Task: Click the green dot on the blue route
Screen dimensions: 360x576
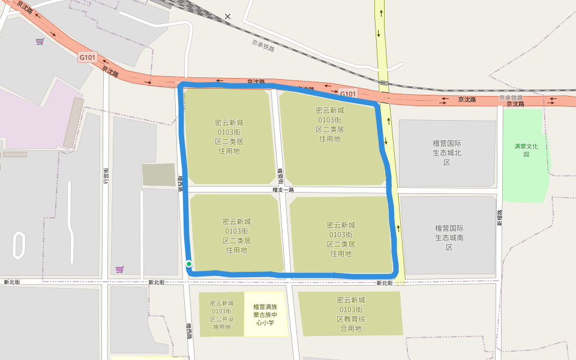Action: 189,264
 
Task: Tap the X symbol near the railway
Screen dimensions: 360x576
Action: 227,16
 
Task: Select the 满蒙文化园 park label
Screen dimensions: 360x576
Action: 526,150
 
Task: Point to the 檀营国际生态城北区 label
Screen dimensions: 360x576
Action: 447,153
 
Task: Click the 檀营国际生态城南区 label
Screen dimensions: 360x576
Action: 449,238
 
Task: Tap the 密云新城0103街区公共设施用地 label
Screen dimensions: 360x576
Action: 221,315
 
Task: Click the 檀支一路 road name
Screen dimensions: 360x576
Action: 283,190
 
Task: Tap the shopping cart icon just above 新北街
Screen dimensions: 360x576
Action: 119,269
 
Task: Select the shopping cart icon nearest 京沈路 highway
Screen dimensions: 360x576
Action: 40,41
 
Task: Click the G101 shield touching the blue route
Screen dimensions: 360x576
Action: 348,94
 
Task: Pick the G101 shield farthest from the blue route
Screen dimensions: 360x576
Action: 88,58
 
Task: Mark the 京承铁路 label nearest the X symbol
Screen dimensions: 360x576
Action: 263,45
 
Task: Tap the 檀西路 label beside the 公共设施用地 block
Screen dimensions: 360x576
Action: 188,332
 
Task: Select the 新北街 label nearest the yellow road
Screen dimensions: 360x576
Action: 385,283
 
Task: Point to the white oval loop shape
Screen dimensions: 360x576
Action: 19,246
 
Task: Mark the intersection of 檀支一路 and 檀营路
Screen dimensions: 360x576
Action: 283,190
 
